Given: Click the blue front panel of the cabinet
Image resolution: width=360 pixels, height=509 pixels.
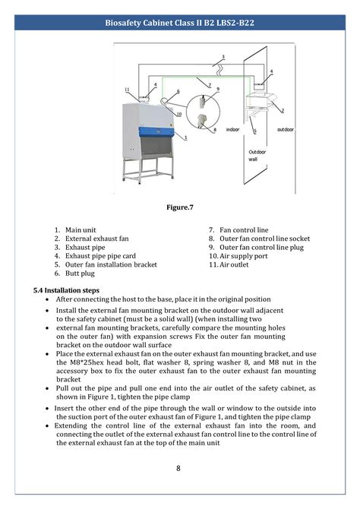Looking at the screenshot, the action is point(156,132).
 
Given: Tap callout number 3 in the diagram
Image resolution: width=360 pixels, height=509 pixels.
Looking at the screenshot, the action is point(223,57).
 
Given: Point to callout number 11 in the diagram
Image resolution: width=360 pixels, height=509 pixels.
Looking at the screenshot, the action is point(127,90).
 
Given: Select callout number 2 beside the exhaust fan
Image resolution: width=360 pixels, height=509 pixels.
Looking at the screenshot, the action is point(283,111).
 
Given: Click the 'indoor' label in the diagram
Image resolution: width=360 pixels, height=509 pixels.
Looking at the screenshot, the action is point(232,129).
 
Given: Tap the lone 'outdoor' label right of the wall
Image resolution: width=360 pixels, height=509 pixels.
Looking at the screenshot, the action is point(286,129).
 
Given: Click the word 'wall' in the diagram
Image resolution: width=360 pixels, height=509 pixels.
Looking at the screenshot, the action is point(253,159).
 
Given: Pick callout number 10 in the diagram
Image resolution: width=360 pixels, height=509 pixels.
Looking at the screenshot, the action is point(179,114).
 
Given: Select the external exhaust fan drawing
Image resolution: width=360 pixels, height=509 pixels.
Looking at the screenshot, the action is point(261,101).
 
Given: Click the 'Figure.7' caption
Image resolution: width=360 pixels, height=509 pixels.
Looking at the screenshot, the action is point(180,207).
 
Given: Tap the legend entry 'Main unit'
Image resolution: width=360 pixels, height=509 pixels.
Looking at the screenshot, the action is point(81,230).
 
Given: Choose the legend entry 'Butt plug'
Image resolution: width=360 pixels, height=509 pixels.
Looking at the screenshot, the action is point(80,273).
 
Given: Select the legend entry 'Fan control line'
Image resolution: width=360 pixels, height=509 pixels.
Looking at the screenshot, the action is point(244,230).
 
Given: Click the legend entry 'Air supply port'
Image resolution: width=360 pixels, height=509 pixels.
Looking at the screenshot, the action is point(244,256).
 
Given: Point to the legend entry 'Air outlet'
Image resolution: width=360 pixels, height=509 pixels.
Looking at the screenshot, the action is point(234,264).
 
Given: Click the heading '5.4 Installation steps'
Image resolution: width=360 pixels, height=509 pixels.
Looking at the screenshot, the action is point(66,290).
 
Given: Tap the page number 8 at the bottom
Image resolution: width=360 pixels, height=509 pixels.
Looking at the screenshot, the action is point(178,468).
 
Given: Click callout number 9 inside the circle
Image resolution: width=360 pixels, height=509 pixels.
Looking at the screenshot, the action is point(218,89).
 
